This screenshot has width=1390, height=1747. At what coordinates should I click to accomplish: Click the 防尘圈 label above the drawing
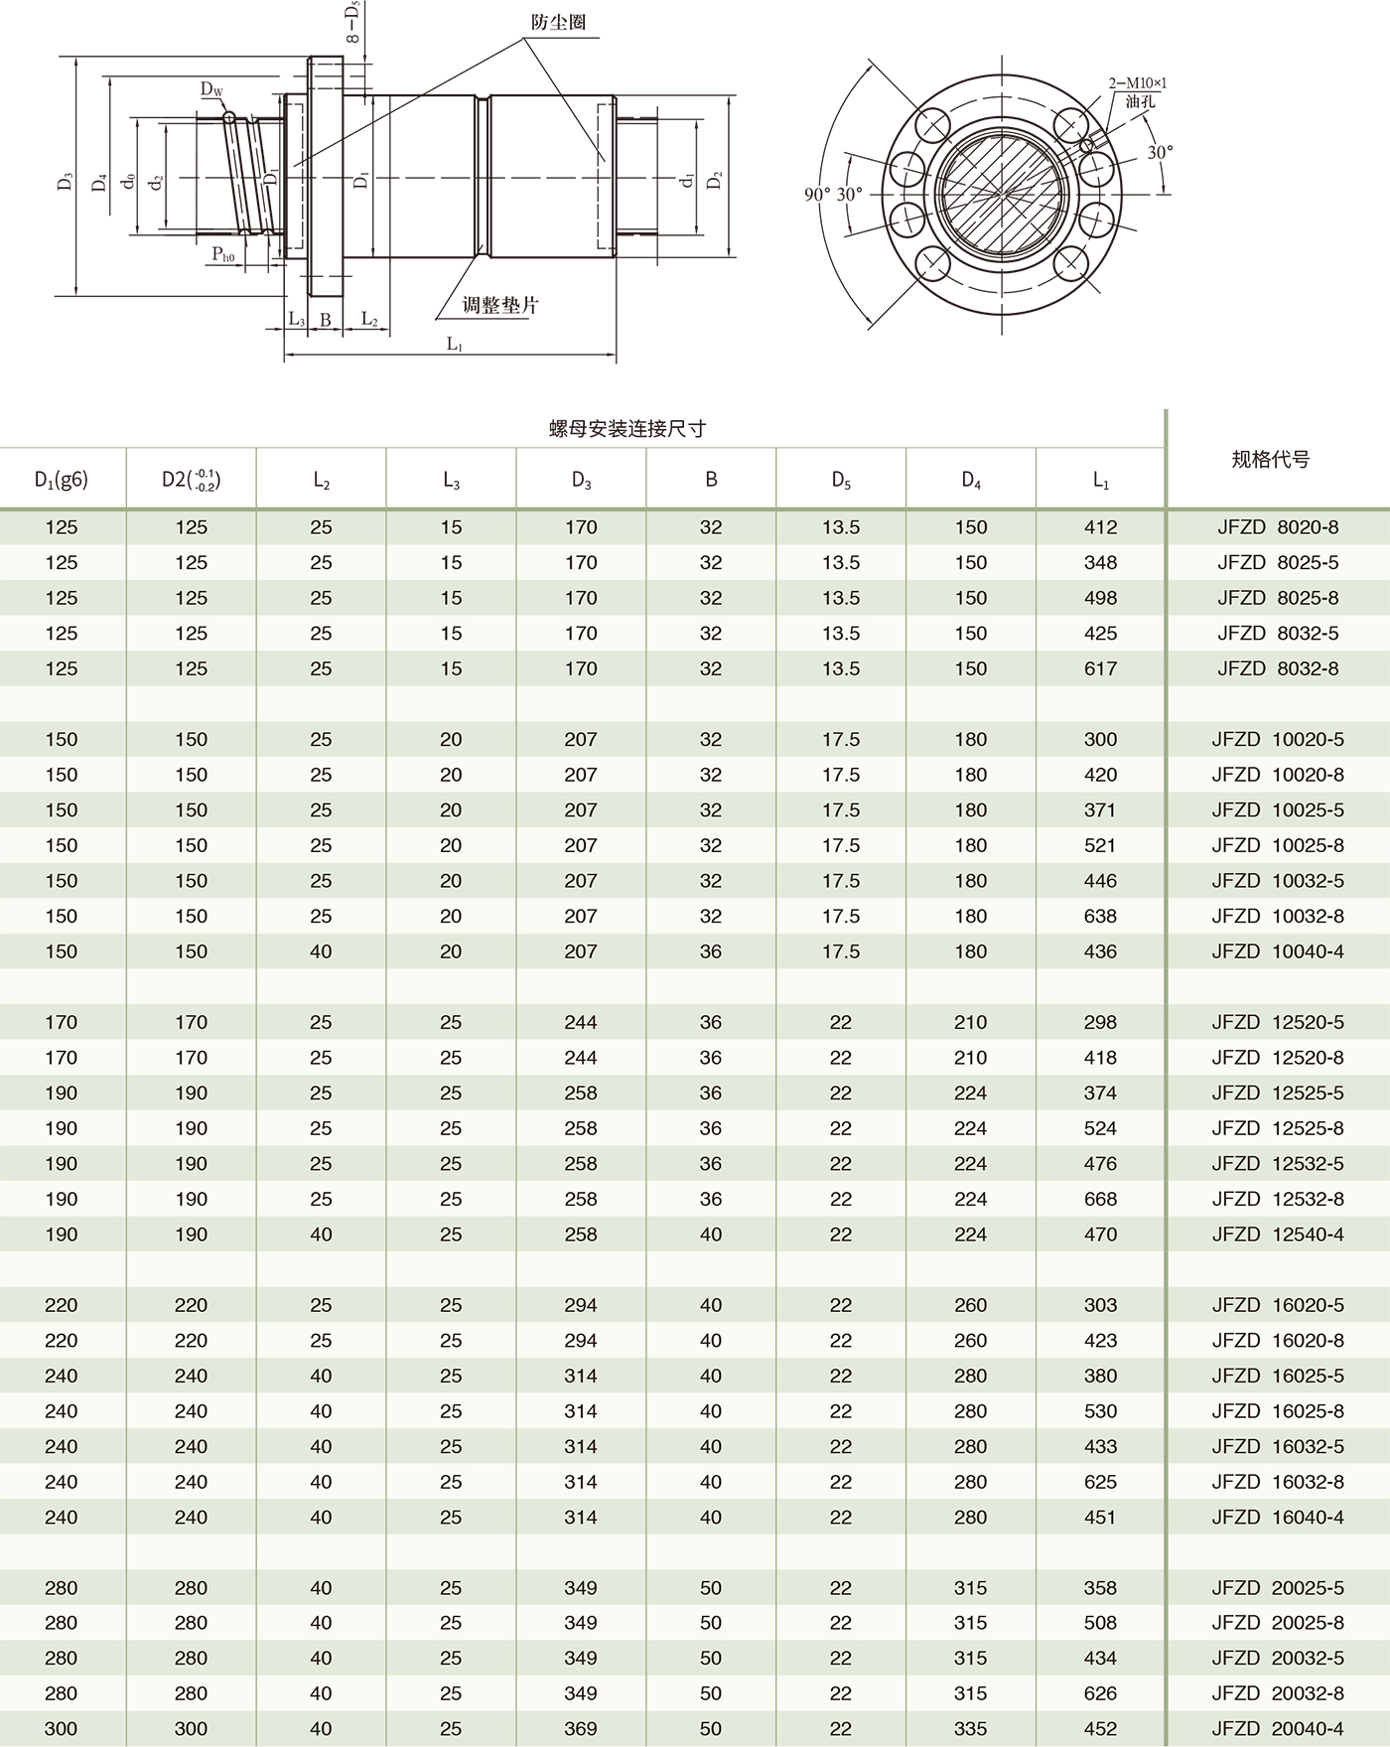(x=558, y=22)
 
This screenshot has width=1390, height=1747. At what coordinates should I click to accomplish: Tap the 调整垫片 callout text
(x=500, y=305)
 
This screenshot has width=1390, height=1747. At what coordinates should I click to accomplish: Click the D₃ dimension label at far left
(x=65, y=181)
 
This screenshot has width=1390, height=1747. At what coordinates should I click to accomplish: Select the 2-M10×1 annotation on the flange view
(x=1137, y=83)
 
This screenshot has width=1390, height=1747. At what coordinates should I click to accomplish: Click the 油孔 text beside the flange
(x=1141, y=100)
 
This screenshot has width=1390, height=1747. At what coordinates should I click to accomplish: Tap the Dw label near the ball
(x=211, y=90)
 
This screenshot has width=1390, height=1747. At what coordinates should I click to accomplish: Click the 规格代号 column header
(x=1270, y=459)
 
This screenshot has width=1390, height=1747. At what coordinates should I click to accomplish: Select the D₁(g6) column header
(x=62, y=480)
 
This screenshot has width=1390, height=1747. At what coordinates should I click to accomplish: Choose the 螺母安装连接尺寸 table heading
(x=627, y=429)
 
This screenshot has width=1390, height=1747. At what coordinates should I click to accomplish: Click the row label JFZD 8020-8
(x=1278, y=527)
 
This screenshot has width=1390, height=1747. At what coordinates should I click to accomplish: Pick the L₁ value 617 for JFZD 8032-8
(x=1100, y=668)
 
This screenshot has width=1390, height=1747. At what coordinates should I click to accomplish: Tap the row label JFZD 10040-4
(x=1277, y=951)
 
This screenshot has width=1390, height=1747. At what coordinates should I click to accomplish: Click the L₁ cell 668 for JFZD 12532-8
(x=1100, y=1199)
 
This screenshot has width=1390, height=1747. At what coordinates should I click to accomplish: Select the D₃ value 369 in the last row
(x=581, y=1728)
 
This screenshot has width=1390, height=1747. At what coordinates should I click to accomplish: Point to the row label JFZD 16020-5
(x=1277, y=1305)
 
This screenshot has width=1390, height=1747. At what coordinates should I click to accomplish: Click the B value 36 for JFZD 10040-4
(x=711, y=951)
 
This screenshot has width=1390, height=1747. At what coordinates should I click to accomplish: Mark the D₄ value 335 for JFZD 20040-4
(x=970, y=1728)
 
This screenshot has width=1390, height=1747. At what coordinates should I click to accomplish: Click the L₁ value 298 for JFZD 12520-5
(x=1100, y=1022)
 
